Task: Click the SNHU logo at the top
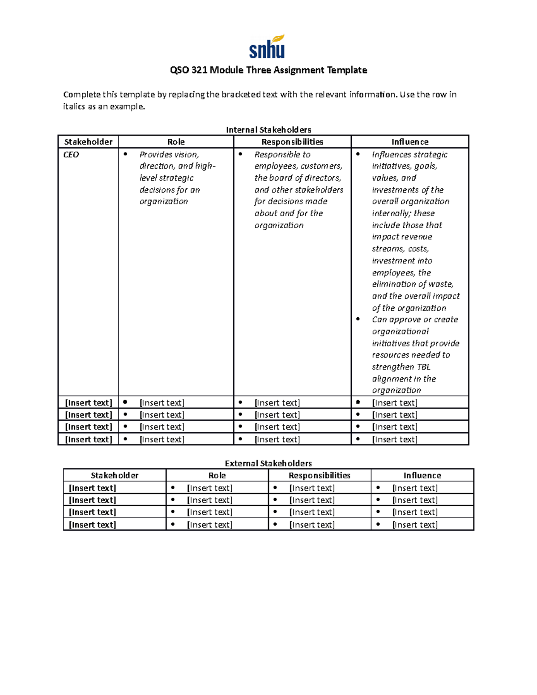click(x=267, y=47)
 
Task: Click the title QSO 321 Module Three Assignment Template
click(x=268, y=70)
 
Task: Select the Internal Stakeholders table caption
click(x=268, y=130)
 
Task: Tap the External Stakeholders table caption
click(x=268, y=463)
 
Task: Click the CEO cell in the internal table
click(x=71, y=155)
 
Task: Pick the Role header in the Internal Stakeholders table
click(x=176, y=142)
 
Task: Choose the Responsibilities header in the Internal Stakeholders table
click(x=292, y=142)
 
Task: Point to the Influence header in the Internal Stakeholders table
click(x=410, y=142)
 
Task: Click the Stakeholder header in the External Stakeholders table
click(x=115, y=475)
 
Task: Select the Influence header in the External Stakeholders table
click(x=422, y=475)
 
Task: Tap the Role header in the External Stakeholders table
click(x=217, y=475)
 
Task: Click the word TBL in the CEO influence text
click(x=423, y=367)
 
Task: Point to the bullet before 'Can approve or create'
click(x=358, y=319)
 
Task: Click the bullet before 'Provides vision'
click(x=125, y=154)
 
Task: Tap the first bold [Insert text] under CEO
click(x=89, y=403)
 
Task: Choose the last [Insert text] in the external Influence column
click(x=415, y=524)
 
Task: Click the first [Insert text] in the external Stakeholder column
click(x=92, y=488)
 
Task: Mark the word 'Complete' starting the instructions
click(x=81, y=94)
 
